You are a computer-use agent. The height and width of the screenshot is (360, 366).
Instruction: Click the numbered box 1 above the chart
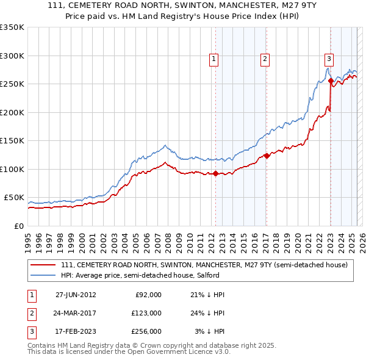215,59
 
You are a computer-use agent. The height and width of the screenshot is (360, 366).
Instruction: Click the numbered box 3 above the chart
329,59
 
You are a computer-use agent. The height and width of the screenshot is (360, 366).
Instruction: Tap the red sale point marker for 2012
215,174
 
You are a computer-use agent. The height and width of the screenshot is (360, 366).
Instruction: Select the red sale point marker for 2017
267,156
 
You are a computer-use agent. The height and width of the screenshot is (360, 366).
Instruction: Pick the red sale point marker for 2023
331,81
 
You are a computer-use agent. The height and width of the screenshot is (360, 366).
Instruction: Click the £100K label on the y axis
12,169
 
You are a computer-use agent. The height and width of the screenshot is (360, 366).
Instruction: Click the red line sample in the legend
43,265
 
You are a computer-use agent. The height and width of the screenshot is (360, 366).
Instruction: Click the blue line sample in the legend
43,275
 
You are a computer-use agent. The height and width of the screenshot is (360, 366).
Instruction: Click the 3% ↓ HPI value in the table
210,331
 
